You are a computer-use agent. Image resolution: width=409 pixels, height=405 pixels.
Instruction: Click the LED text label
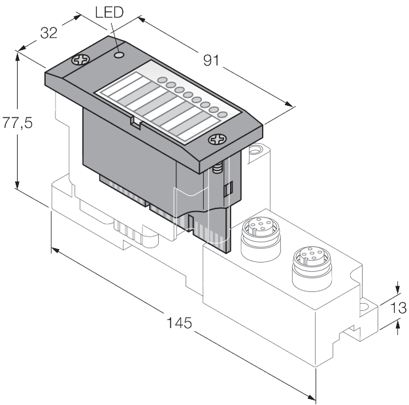[108, 13]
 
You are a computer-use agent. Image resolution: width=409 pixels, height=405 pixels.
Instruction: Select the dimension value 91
[210, 61]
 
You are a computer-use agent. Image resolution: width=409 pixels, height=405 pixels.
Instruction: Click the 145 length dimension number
[179, 322]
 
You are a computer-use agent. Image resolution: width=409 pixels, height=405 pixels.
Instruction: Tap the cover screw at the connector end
[216, 139]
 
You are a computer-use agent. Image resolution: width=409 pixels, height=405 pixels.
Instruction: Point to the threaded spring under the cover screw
[216, 169]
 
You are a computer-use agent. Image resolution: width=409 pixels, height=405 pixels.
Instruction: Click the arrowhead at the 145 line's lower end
[312, 395]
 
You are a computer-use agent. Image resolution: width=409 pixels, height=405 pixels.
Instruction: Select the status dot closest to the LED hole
[161, 81]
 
